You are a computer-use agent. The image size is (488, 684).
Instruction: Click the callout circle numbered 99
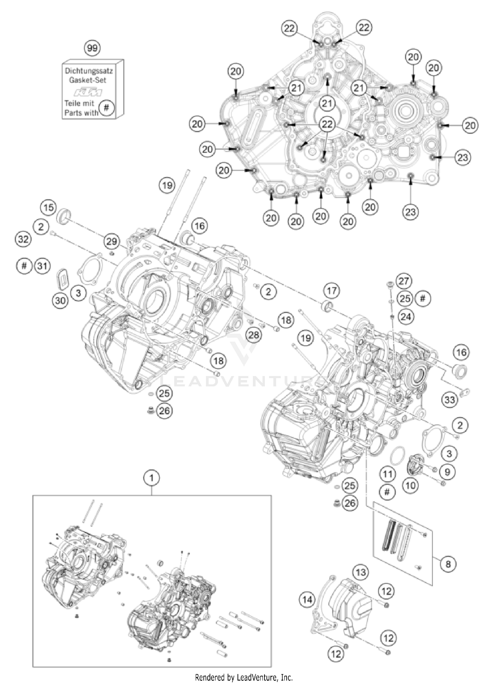(x=92, y=49)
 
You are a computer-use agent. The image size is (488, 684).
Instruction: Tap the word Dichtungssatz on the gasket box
(x=89, y=71)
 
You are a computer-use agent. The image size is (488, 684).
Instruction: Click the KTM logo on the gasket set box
(x=88, y=93)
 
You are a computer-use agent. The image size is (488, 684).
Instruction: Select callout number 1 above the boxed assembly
(x=152, y=478)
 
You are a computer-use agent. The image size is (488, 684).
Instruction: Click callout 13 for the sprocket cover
(x=361, y=572)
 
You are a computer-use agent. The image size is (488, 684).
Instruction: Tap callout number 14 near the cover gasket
(x=307, y=600)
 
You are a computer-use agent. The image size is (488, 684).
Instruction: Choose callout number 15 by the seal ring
(x=48, y=207)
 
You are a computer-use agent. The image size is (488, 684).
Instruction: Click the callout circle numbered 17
(x=332, y=291)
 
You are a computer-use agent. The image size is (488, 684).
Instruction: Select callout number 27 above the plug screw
(x=404, y=281)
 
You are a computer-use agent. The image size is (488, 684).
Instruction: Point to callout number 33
(x=450, y=399)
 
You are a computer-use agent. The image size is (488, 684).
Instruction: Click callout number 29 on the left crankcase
(x=112, y=241)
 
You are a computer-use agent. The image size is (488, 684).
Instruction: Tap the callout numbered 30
(x=60, y=300)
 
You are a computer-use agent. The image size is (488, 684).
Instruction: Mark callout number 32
(x=23, y=239)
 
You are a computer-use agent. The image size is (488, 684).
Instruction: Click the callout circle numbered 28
(x=253, y=335)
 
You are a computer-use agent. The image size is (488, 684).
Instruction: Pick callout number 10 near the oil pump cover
(x=411, y=485)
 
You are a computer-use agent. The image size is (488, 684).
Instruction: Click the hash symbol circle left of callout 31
(x=24, y=266)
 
